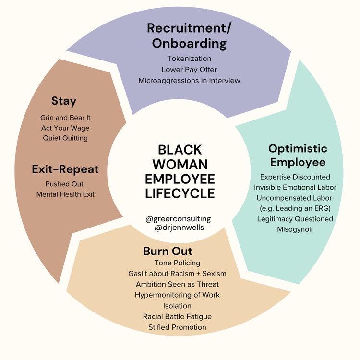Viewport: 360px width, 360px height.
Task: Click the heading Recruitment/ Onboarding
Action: click(x=189, y=36)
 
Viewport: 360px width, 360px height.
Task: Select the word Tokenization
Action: click(x=189, y=59)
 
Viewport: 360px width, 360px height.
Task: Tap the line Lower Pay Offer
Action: click(x=189, y=70)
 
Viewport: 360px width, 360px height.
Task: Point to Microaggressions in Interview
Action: click(x=189, y=81)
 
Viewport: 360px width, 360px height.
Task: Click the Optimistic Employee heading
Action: click(x=298, y=155)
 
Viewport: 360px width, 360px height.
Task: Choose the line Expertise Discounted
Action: click(x=295, y=177)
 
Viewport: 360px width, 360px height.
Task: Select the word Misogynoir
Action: click(x=295, y=229)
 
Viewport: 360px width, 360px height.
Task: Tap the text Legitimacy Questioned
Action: click(x=295, y=219)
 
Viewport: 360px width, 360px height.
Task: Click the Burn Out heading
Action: click(x=168, y=251)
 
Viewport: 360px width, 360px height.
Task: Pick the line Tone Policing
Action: click(x=177, y=263)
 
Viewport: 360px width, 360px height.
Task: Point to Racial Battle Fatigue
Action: click(x=177, y=316)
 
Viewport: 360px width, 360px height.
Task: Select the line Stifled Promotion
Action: click(x=177, y=327)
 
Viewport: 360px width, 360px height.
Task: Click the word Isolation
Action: click(x=177, y=306)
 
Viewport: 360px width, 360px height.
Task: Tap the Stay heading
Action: click(x=64, y=101)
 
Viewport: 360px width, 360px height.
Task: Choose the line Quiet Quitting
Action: click(x=64, y=138)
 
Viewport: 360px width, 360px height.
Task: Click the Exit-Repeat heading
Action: click(x=65, y=169)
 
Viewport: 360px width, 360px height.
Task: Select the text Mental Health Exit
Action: click(x=65, y=194)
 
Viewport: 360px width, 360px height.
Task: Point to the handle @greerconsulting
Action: click(x=178, y=219)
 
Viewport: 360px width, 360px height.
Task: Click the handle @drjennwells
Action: click(x=178, y=228)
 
